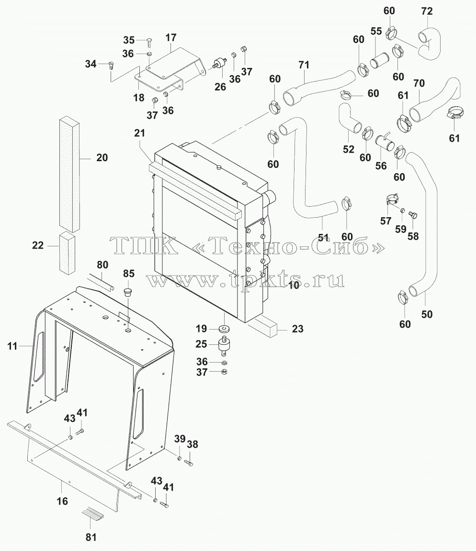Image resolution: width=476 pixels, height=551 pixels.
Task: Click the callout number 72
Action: [x=427, y=11]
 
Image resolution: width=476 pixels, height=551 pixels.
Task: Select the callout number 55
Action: [x=376, y=31]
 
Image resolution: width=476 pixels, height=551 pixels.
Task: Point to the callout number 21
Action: [x=140, y=133]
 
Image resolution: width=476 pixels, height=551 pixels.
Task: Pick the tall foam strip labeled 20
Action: [x=69, y=174]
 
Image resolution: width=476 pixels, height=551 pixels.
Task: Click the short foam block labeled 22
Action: [x=67, y=253]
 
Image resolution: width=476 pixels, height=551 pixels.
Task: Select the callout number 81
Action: [x=91, y=537]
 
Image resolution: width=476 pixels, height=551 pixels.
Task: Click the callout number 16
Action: [x=62, y=501]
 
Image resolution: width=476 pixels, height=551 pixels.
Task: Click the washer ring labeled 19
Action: [x=224, y=329]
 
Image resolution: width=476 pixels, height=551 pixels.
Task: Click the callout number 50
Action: [x=427, y=314]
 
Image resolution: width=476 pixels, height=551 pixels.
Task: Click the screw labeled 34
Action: [x=111, y=66]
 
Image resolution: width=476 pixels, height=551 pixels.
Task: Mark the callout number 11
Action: [x=12, y=346]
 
